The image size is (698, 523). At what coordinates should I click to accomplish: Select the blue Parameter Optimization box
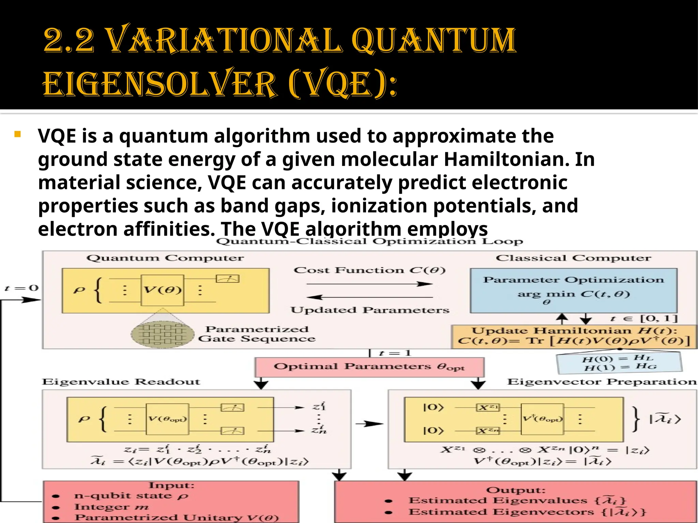click(x=573, y=290)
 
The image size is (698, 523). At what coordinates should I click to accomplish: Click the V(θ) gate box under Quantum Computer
click(x=162, y=290)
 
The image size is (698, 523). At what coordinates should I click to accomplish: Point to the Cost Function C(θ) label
click(x=369, y=270)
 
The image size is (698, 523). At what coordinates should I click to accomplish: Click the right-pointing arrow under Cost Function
click(x=369, y=284)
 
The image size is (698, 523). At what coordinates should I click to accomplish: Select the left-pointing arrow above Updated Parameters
click(x=369, y=297)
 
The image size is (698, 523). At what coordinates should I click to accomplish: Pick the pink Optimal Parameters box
click(x=369, y=367)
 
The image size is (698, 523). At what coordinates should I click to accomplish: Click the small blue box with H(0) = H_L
click(x=619, y=363)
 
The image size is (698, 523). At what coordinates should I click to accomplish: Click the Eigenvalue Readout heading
click(x=121, y=382)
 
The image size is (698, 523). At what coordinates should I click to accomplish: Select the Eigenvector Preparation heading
click(x=602, y=382)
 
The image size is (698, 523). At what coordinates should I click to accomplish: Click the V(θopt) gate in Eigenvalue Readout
click(x=167, y=419)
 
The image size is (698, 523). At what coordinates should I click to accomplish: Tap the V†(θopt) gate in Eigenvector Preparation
click(x=542, y=419)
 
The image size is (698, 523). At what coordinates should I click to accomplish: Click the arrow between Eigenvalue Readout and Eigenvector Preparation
click(x=369, y=424)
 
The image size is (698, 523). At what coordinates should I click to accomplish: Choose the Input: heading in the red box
click(x=171, y=485)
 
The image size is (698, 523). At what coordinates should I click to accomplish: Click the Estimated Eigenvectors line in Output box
click(x=527, y=512)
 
